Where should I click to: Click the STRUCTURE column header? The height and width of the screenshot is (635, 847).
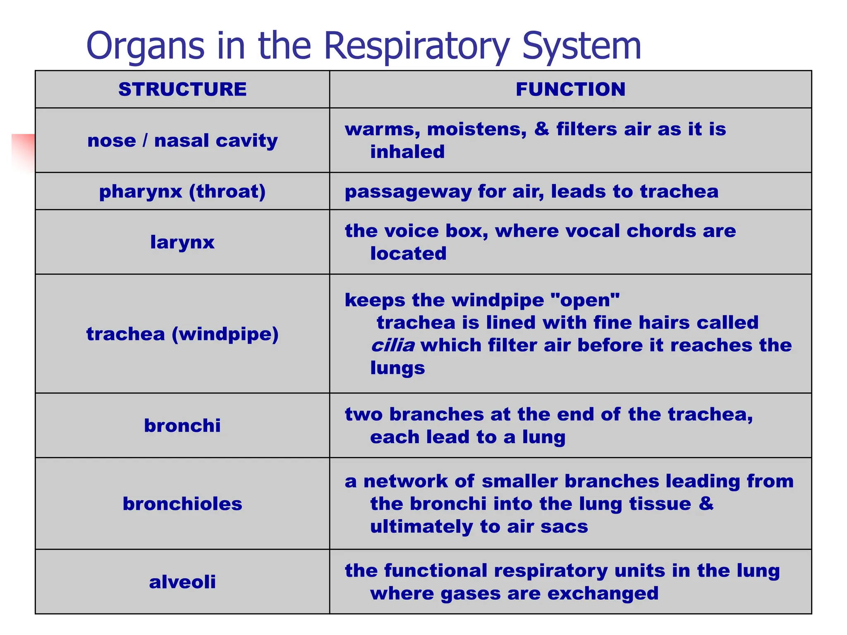[x=182, y=89]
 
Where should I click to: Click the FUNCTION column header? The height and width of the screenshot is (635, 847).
[x=570, y=89]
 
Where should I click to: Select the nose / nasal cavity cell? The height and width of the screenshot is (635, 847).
[x=182, y=141]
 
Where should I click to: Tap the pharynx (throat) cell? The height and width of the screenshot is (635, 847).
[x=182, y=191]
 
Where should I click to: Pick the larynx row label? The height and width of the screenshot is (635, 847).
[x=182, y=242]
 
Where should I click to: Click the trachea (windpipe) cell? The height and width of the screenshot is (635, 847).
[x=182, y=334]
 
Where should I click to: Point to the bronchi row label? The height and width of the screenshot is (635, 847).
[x=182, y=425]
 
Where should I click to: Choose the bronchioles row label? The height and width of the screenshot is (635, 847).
[x=182, y=504]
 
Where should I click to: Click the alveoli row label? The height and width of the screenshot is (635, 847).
[x=182, y=582]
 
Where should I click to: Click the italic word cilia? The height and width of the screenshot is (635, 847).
[x=392, y=345]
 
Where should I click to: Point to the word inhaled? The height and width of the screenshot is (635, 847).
[x=407, y=152]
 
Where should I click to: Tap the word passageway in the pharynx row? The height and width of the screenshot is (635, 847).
[x=408, y=192]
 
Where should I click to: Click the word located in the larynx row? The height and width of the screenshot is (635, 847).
[x=408, y=253]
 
